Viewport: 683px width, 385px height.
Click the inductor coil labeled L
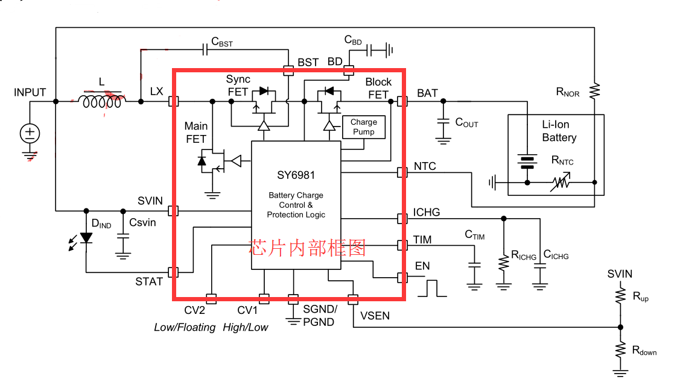[102, 102]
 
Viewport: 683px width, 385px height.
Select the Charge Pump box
[363, 127]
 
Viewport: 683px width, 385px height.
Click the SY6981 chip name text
[296, 176]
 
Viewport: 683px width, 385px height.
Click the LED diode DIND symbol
[86, 238]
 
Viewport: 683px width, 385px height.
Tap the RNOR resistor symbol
[594, 91]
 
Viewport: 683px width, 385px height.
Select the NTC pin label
[425, 166]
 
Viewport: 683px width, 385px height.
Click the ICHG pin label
[427, 213]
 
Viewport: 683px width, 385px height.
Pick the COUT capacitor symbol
[443, 123]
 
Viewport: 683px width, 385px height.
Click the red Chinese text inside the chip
[307, 248]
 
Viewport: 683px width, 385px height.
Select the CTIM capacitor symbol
[474, 264]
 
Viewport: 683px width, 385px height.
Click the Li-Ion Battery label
[559, 131]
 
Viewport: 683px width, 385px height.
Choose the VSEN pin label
[375, 315]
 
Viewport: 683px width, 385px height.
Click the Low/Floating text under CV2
[185, 327]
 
